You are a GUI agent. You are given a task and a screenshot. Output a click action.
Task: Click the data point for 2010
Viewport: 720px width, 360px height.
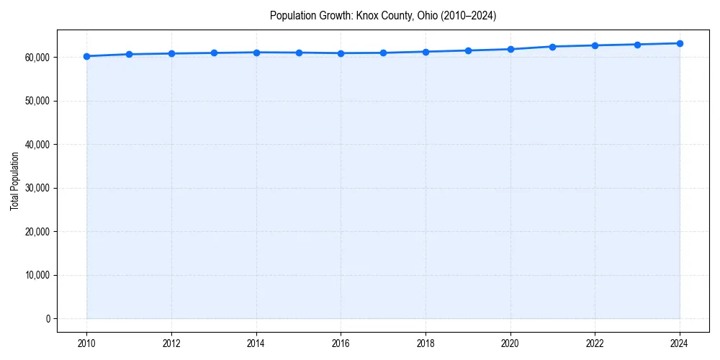coord(86,56)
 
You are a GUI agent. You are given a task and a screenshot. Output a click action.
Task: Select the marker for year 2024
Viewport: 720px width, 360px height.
coord(680,43)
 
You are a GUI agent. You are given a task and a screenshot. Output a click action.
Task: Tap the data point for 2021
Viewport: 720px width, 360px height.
coord(552,47)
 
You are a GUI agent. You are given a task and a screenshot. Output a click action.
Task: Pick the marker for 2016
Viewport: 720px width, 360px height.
coord(341,53)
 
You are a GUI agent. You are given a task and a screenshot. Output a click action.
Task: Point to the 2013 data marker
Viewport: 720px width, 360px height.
coord(214,53)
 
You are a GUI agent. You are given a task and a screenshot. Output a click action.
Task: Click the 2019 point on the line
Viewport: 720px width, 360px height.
coord(468,50)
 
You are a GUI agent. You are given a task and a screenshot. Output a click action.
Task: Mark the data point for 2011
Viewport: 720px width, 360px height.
coord(129,54)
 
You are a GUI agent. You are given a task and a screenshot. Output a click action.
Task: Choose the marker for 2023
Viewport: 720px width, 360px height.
coord(637,45)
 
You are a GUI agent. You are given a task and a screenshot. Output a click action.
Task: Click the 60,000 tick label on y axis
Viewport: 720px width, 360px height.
coord(35,57)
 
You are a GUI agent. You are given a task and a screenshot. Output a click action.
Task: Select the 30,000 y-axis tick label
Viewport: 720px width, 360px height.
coord(35,188)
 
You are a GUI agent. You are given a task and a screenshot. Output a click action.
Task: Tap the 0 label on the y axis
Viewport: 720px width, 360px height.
coord(47,319)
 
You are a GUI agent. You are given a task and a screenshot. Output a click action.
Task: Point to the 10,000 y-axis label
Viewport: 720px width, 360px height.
coord(35,275)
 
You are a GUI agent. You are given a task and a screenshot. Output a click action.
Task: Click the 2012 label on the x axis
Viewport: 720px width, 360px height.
coord(171,343)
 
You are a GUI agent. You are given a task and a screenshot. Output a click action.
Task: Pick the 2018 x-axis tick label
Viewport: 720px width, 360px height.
coord(426,343)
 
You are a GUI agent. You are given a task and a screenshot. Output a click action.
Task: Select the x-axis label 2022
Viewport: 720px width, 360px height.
coord(595,343)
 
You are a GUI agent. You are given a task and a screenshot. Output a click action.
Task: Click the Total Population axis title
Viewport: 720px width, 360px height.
coord(14,181)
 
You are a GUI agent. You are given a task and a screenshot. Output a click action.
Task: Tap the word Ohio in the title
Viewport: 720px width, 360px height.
coord(427,15)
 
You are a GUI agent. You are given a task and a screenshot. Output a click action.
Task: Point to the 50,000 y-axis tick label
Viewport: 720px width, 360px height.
coord(35,101)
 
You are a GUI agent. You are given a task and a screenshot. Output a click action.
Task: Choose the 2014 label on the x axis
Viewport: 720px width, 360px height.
coord(256,343)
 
